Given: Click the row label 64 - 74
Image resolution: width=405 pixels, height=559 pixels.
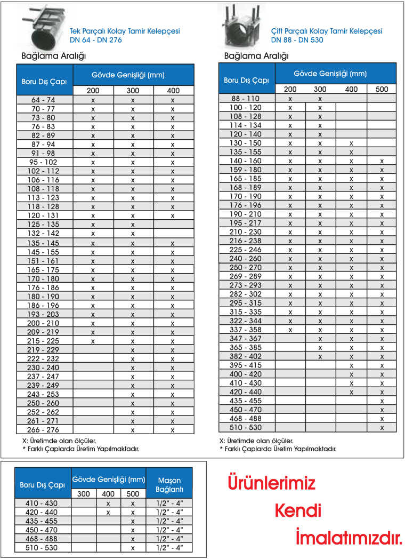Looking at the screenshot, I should [x=43, y=100].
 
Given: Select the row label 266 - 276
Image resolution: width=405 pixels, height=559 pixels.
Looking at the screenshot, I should [x=43, y=429].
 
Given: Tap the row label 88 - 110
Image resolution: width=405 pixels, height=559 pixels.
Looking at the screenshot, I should [x=245, y=98].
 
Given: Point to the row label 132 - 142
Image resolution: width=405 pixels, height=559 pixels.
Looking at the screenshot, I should [x=43, y=233].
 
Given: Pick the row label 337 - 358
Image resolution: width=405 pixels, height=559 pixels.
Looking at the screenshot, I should [x=245, y=330].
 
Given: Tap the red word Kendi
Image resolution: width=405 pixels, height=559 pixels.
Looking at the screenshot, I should [x=298, y=510].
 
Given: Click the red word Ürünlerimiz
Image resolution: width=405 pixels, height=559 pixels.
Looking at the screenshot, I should [x=272, y=483].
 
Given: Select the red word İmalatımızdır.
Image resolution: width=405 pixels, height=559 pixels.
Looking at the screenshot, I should [x=349, y=537].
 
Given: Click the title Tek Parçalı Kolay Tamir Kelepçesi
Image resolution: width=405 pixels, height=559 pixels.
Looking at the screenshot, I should [x=126, y=31].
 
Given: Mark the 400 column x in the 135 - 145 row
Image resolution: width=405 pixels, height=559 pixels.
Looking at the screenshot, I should [x=173, y=243].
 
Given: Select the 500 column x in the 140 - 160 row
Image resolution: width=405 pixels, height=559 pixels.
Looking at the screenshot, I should [x=382, y=161].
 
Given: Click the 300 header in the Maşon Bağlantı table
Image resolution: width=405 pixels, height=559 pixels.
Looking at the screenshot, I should [x=84, y=494].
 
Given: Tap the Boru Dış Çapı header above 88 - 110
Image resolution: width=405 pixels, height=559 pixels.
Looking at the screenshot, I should [x=246, y=80].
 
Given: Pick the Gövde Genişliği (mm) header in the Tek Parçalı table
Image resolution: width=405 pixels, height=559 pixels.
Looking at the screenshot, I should [x=133, y=74].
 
